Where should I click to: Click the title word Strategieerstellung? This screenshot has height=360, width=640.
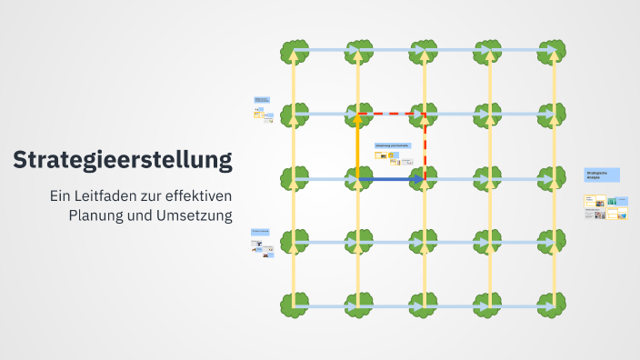click(x=122, y=161)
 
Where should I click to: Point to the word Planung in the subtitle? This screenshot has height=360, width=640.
click(x=99, y=215)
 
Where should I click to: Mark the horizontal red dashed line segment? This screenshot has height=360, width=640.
click(x=391, y=114)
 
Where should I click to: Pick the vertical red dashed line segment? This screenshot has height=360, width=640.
click(x=425, y=145)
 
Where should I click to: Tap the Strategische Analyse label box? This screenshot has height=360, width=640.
click(x=602, y=175)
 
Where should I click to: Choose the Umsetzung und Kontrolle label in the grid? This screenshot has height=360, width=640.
click(x=393, y=145)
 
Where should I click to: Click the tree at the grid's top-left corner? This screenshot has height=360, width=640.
click(x=294, y=51)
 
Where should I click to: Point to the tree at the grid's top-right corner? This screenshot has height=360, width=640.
click(x=551, y=51)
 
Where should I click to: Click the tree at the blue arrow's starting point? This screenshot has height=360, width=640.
click(x=358, y=179)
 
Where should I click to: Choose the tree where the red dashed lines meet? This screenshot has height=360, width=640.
click(x=424, y=115)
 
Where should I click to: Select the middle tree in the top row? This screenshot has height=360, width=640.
click(x=424, y=51)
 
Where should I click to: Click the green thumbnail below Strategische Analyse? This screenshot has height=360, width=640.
click(x=612, y=201)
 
